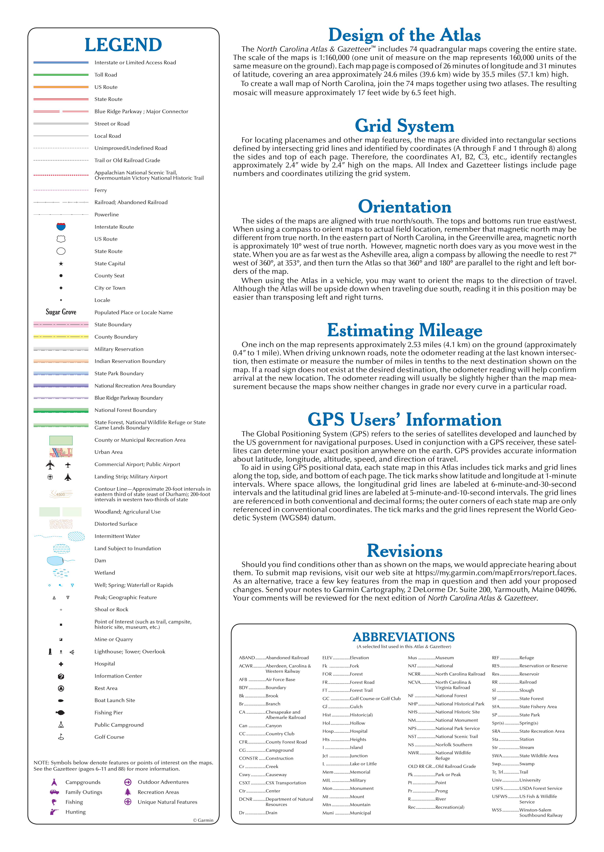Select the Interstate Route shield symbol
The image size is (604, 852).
[61, 226]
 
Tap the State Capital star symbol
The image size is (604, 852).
[61, 263]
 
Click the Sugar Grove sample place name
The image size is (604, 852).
[61, 312]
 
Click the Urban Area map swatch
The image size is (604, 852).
[61, 452]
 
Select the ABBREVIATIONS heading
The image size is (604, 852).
[404, 637]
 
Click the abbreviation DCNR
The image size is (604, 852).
[245, 799]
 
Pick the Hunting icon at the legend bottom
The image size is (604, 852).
[54, 812]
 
